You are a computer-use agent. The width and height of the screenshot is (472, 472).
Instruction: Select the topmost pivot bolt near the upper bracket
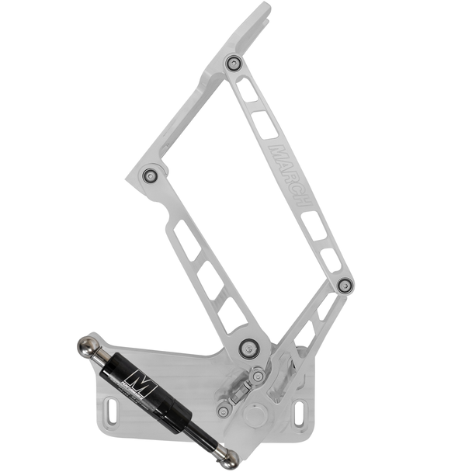coord(232,63)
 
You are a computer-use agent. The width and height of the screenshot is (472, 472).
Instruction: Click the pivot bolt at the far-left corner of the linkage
coord(150,176)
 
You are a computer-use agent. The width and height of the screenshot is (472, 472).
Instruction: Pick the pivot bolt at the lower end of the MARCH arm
coord(345,286)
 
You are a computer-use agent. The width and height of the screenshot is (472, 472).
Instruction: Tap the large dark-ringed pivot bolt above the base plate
coord(248,347)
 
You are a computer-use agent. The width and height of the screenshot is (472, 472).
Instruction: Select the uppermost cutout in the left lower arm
coord(186,240)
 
